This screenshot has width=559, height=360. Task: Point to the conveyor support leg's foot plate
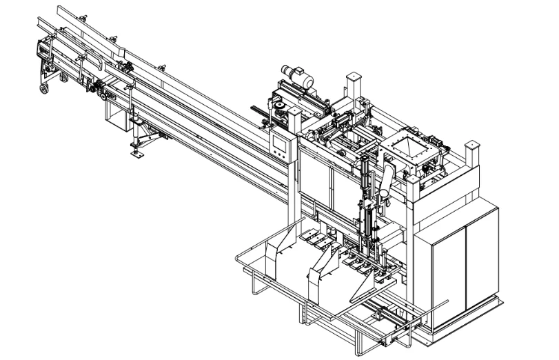tap(137, 154)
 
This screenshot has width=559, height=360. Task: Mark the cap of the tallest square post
tap(354, 74)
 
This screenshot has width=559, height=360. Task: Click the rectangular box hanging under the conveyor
tap(114, 110)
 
